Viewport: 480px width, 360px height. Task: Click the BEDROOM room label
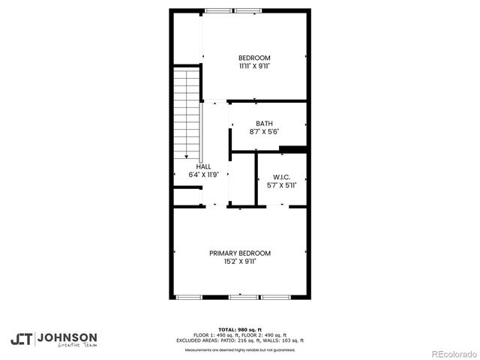coord(254,58)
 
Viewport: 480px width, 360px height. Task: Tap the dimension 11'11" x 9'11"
coord(254,66)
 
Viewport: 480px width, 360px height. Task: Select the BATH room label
coord(264,124)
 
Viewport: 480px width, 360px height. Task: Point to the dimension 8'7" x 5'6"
coord(264,132)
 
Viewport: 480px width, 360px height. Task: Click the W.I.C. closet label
coord(281,177)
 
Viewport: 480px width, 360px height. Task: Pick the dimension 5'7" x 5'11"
coord(281,185)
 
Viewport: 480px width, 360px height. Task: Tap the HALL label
coord(203,166)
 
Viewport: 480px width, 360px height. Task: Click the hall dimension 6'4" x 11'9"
coord(203,175)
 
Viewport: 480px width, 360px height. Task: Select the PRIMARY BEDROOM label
coord(240,253)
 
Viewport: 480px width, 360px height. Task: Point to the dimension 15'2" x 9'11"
coord(240,262)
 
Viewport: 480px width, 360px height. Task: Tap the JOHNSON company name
coord(67,337)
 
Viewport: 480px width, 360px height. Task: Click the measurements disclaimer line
coord(240,349)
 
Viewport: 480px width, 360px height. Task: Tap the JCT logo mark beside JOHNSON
coord(21,339)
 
